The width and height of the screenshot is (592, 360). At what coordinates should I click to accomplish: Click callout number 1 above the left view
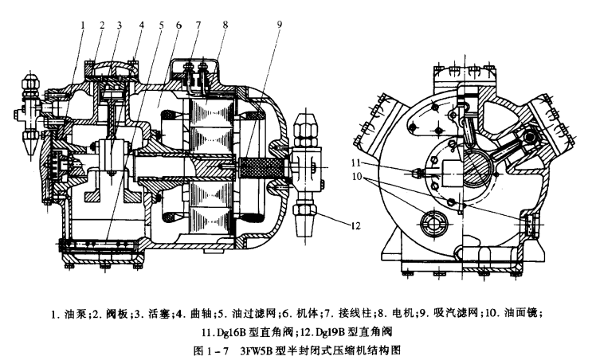click(82, 24)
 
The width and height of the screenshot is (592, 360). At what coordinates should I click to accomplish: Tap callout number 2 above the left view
click(101, 25)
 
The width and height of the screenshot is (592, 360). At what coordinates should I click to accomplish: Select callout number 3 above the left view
click(120, 25)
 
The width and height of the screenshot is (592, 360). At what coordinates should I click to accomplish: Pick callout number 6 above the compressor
click(178, 25)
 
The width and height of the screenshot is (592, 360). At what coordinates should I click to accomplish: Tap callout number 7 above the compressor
click(198, 25)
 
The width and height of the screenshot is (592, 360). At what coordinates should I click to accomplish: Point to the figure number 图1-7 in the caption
click(210, 348)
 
